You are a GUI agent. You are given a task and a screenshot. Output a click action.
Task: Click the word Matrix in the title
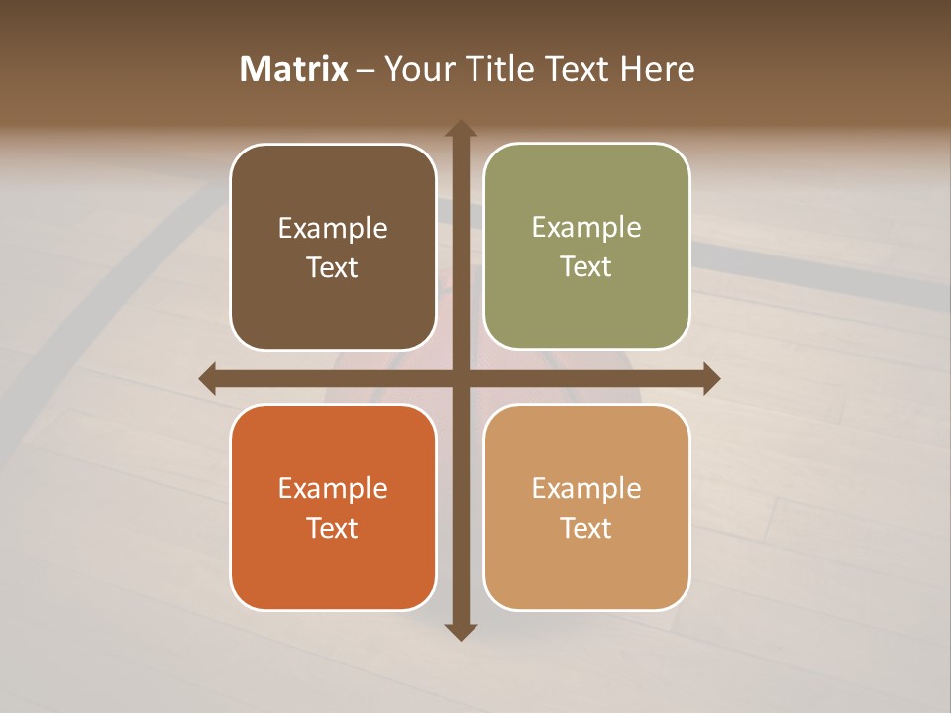294,69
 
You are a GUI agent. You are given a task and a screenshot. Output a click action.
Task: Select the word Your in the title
417,69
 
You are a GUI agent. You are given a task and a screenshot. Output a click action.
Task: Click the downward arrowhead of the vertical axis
461,631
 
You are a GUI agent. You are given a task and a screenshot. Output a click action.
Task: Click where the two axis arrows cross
461,378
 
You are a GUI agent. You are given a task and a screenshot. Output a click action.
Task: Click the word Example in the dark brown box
333,229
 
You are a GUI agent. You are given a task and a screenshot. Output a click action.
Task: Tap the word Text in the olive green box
586,267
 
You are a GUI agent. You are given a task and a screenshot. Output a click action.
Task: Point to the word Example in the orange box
333,489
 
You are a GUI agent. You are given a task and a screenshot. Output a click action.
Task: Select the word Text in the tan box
586,528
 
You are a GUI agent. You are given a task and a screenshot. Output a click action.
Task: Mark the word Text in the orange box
333,528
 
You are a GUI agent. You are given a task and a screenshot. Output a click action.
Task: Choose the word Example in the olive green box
586,228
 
